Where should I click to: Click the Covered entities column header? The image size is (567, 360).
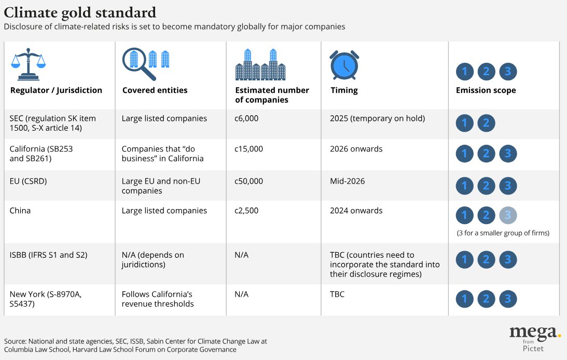[155, 90]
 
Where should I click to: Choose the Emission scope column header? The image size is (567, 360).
[486, 90]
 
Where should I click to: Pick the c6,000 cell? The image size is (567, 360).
[246, 118]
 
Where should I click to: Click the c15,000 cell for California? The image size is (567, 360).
[249, 149]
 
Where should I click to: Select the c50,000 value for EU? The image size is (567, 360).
[249, 181]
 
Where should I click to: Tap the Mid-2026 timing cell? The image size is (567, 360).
[347, 181]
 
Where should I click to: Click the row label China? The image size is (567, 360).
[20, 211]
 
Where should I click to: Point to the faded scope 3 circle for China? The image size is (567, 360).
[508, 215]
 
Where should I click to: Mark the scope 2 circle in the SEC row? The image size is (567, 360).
[486, 123]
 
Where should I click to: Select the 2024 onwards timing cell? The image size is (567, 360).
[356, 211]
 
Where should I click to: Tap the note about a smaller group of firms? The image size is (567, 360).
[503, 233]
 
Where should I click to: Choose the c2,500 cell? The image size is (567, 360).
[246, 211]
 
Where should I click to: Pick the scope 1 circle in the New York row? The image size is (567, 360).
[465, 299]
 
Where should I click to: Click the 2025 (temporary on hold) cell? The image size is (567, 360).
[377, 118]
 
